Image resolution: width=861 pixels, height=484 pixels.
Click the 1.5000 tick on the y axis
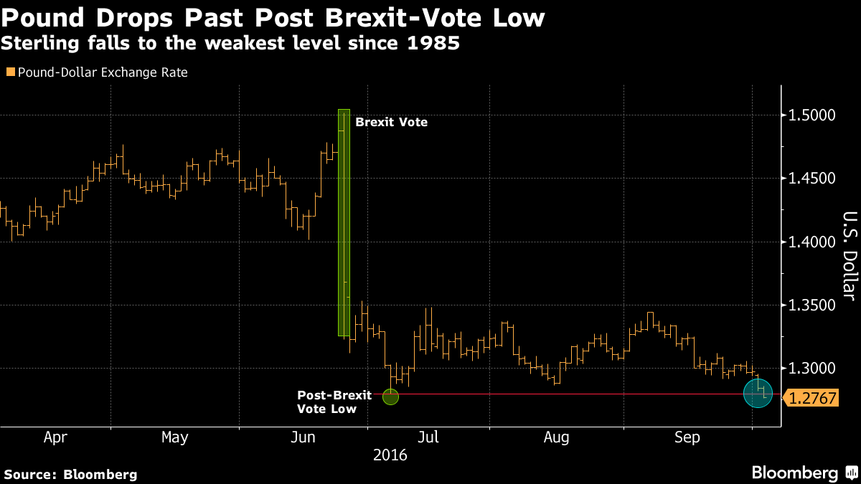pyautogui.click(x=813, y=115)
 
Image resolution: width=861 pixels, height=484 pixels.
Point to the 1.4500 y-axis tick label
pyautogui.click(x=813, y=179)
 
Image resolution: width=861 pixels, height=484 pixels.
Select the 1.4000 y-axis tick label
pyautogui.click(x=813, y=242)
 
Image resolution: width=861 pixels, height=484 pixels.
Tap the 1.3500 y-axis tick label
pyautogui.click(x=813, y=305)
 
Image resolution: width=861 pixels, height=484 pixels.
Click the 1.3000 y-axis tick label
pyautogui.click(x=813, y=369)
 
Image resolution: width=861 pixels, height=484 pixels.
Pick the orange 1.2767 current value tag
pyautogui.click(x=814, y=398)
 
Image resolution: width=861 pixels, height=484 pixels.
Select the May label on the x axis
pyautogui.click(x=174, y=437)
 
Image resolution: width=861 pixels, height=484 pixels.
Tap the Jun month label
pyautogui.click(x=302, y=437)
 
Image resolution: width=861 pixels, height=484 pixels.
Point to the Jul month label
pyautogui.click(x=428, y=437)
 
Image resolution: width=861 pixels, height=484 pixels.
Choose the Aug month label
pyautogui.click(x=556, y=437)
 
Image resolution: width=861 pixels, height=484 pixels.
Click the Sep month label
pyautogui.click(x=687, y=437)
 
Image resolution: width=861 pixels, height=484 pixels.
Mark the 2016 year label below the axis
pyautogui.click(x=390, y=455)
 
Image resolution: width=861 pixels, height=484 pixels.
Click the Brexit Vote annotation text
pyautogui.click(x=391, y=123)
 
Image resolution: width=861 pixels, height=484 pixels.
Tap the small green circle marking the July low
pyautogui.click(x=390, y=397)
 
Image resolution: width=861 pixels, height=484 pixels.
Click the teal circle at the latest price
pyautogui.click(x=757, y=393)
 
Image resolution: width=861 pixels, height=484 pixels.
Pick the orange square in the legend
pyautogui.click(x=9, y=72)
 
